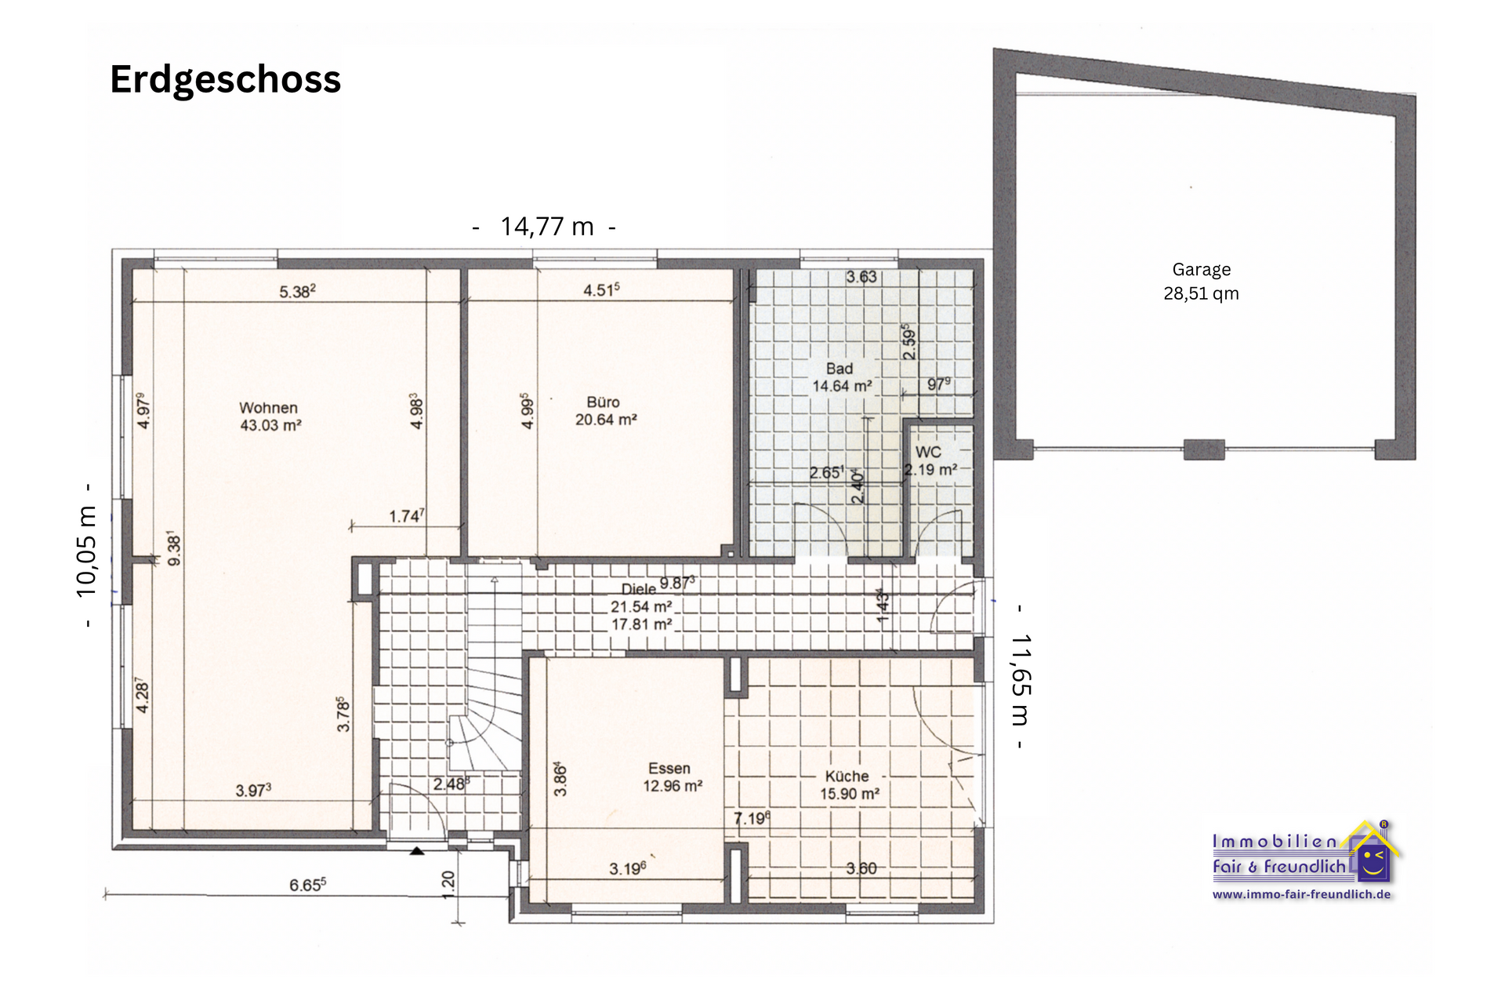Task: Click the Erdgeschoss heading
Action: coord(225,79)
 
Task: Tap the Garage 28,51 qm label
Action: coord(1201,282)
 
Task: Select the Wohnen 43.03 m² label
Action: coord(270,417)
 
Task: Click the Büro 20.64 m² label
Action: coord(605,411)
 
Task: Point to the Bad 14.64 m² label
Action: coord(841,377)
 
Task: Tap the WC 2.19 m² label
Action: coord(930,461)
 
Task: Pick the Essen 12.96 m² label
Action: coord(672,777)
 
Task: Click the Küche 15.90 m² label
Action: coord(849,785)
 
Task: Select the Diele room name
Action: coord(638,589)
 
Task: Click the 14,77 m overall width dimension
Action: coord(546,227)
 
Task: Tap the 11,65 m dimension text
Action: coord(1021,678)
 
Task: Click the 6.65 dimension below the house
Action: coord(307,885)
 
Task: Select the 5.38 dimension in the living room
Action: coord(297,292)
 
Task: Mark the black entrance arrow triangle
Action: coord(417,850)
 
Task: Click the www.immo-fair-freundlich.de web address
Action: coord(1301,894)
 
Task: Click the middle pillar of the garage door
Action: coord(1204,449)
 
